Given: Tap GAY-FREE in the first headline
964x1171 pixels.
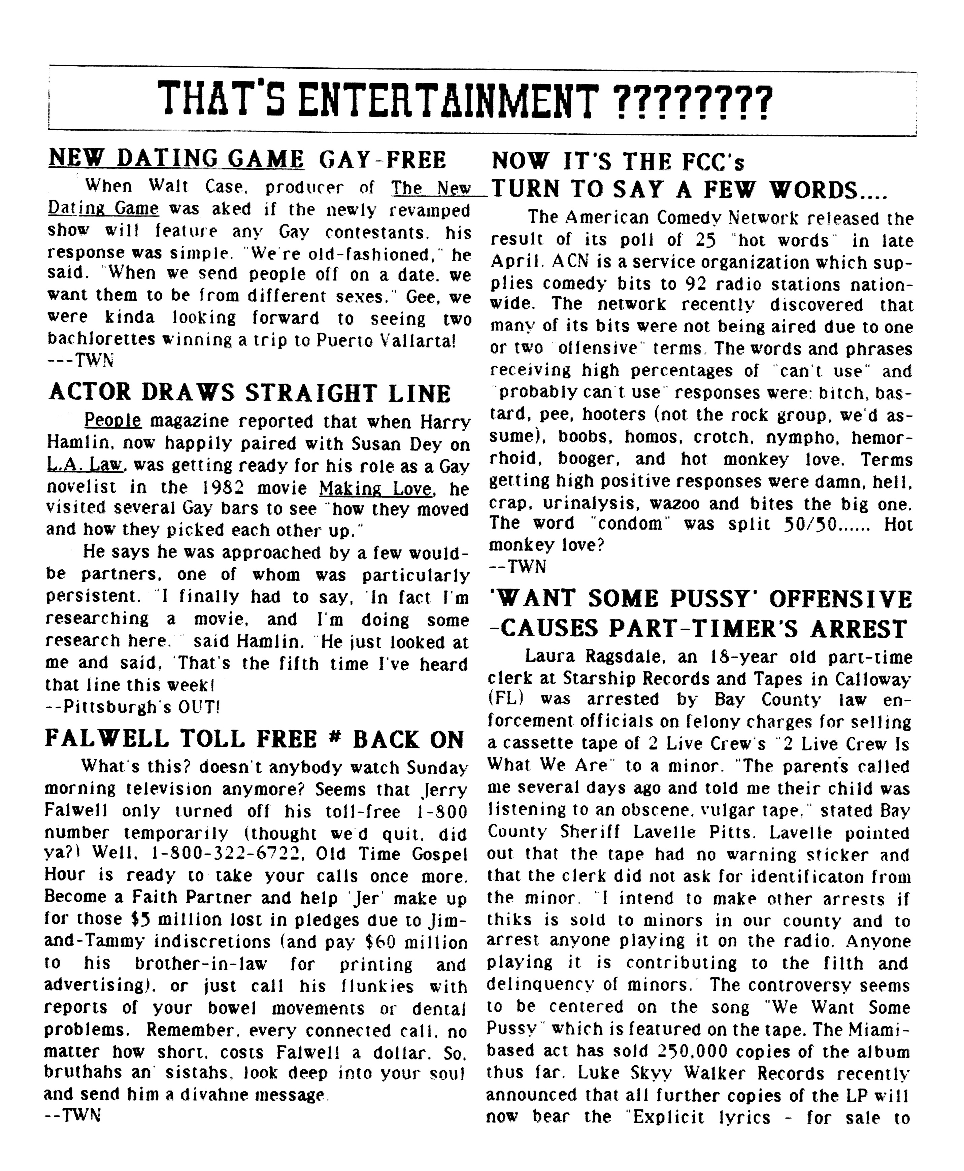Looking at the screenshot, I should (382, 160).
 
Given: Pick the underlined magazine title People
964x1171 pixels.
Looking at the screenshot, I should (113, 421).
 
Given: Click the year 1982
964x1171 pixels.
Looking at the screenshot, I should (244, 488).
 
